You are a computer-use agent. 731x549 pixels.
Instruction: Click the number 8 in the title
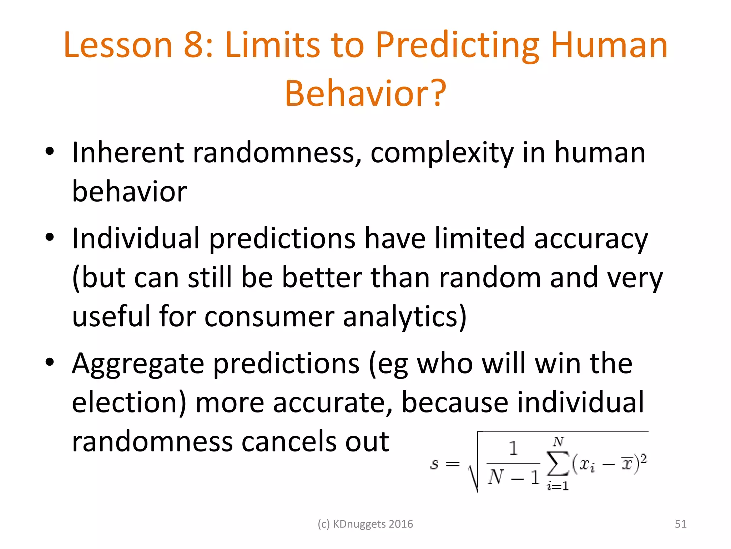(x=195, y=45)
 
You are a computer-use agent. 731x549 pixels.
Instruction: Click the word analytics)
(x=405, y=317)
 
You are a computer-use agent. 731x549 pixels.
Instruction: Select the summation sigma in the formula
(x=558, y=464)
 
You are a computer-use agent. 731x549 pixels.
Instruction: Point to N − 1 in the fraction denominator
(x=513, y=477)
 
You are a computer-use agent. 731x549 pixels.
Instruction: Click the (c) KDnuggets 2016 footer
(x=365, y=524)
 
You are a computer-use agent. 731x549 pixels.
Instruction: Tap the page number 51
(x=680, y=524)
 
